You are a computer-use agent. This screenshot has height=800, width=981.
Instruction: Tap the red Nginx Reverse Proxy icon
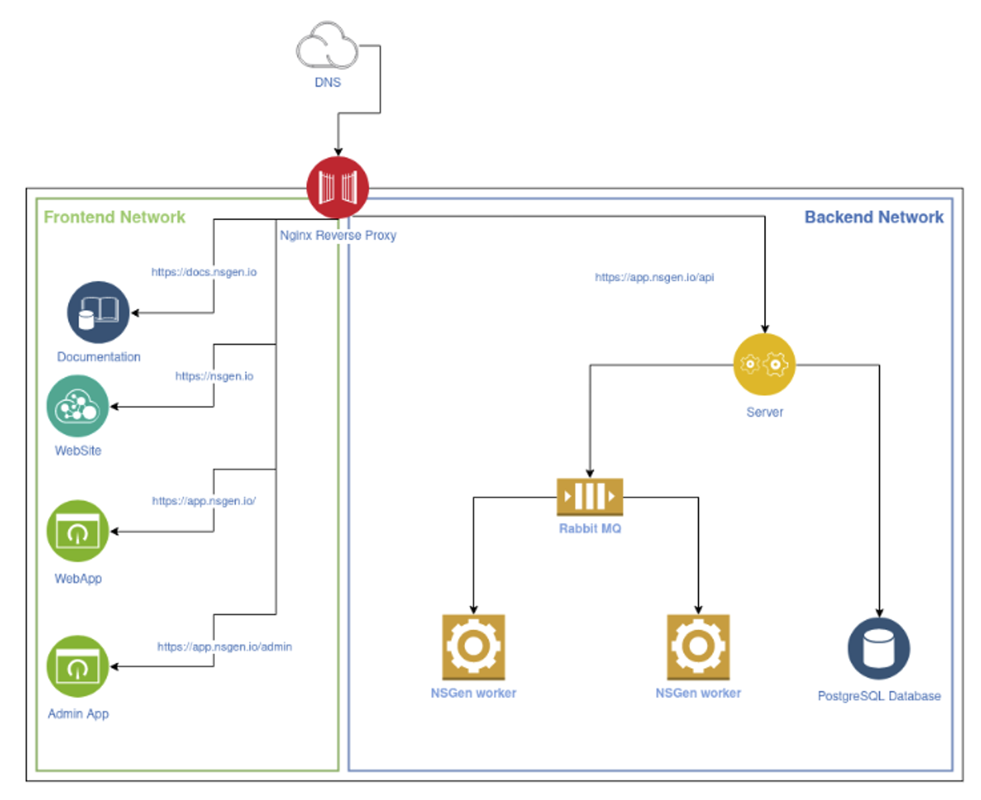pos(338,188)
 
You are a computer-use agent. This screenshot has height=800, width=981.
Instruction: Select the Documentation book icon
pos(98,312)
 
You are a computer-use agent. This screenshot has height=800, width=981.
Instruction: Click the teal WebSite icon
pos(77,406)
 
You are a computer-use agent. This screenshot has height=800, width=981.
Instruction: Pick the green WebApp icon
pos(77,531)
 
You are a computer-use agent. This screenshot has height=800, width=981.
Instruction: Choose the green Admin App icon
pos(77,666)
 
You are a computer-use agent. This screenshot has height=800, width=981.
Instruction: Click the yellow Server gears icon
pos(764,364)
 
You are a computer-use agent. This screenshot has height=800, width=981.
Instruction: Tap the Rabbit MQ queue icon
pos(590,496)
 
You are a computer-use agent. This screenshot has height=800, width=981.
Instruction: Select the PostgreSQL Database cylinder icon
pos(878,648)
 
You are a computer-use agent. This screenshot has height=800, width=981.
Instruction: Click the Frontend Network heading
pos(115,218)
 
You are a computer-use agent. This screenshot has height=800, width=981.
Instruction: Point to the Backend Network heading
pos(874,218)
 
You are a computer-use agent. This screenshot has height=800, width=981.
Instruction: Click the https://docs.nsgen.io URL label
pos(204,272)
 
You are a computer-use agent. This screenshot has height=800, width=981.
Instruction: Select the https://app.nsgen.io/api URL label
pos(654,277)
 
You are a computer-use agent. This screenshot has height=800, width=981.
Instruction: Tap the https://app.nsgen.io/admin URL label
pos(224,647)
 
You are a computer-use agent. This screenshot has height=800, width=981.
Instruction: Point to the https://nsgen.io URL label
pos(214,376)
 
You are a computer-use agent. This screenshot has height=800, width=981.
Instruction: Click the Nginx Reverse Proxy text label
pos(338,236)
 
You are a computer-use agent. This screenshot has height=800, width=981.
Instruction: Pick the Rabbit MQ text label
pos(590,528)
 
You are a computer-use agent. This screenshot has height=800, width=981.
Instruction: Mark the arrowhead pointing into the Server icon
pos(765,329)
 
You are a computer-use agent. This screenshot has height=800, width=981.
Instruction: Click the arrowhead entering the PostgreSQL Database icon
pos(879,613)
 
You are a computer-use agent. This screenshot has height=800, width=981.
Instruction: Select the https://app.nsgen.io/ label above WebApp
pos(204,501)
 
